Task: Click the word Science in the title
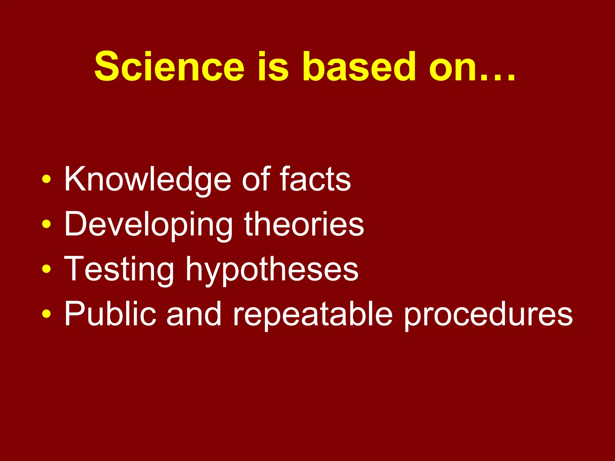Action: pyautogui.click(x=169, y=67)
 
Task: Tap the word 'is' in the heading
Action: pyautogui.click(x=273, y=67)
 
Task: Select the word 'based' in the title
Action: pyautogui.click(x=359, y=67)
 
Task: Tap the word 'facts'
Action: pyautogui.click(x=315, y=179)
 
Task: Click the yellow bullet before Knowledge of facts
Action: pyautogui.click(x=47, y=179)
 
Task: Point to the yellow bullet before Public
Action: pyautogui.click(x=47, y=314)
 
